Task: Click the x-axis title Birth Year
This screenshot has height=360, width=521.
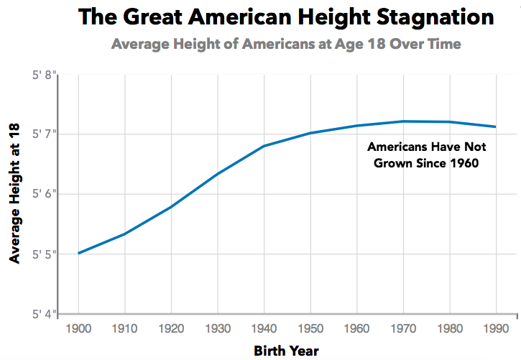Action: point(286,351)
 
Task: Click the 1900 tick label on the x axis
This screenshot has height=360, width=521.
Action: point(78,328)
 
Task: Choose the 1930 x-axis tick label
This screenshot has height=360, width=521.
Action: point(218,328)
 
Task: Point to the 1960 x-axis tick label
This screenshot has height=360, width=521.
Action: point(356,328)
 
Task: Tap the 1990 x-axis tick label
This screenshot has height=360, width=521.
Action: point(496,328)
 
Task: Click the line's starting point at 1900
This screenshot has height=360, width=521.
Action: point(78,253)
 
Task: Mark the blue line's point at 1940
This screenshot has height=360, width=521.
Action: point(264,146)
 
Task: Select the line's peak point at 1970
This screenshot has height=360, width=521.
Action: point(403,121)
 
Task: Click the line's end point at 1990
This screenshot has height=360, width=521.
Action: point(496,127)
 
